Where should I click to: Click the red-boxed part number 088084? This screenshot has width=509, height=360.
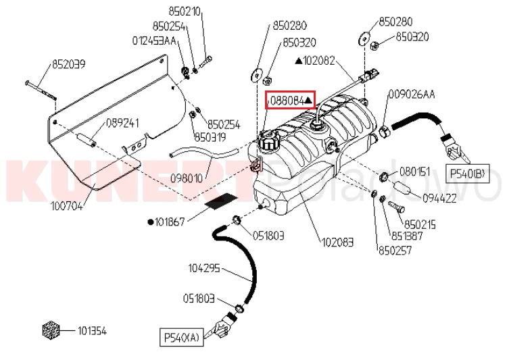[287, 101]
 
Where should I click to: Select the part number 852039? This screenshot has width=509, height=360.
[69, 64]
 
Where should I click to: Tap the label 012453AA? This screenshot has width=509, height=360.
[154, 41]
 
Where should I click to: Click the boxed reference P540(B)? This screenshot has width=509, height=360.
[468, 174]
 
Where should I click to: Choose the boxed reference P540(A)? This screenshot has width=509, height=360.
[181, 338]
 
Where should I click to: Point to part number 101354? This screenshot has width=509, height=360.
[92, 331]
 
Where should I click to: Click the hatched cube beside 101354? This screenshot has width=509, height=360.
[51, 330]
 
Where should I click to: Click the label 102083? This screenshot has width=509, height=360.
[337, 242]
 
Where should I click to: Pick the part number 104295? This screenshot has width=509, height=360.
[204, 268]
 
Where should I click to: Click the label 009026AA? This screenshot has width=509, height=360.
[412, 95]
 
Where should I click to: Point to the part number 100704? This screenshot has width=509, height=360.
[66, 206]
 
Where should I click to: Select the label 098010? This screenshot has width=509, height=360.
[187, 178]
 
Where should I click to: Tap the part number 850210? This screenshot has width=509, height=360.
[185, 11]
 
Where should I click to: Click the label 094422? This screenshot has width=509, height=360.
[439, 198]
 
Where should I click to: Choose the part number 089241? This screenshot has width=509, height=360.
[123, 123]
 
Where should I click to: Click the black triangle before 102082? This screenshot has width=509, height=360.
[298, 61]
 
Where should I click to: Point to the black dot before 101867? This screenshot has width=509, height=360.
[150, 222]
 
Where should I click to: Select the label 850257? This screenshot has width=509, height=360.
[395, 250]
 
